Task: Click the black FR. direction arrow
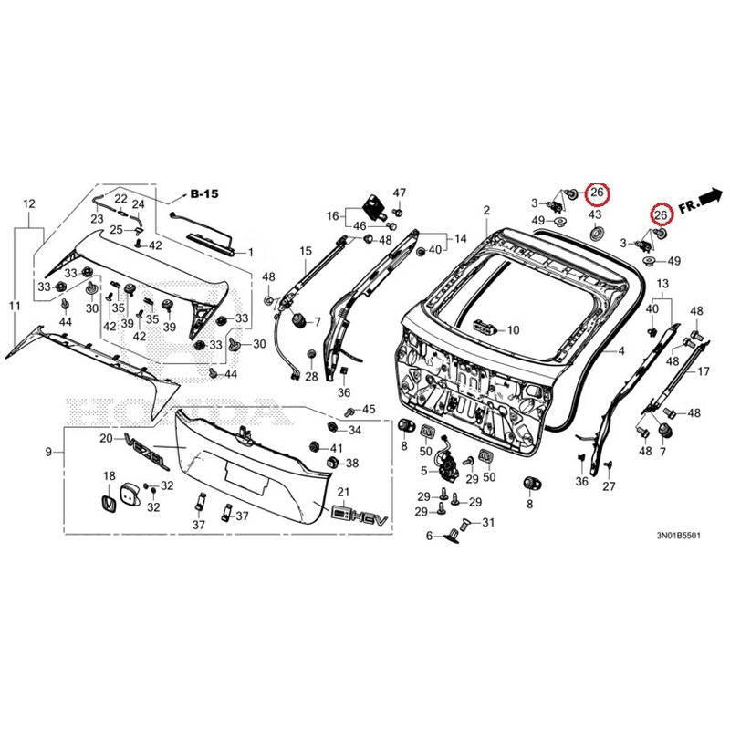(x=710, y=196)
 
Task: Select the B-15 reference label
(x=204, y=193)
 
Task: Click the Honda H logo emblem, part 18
(x=109, y=505)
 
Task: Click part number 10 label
(x=513, y=330)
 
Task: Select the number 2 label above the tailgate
(x=486, y=211)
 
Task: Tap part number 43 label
(x=595, y=214)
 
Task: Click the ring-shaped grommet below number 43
(x=596, y=234)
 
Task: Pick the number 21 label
(x=343, y=492)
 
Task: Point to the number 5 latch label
(x=423, y=471)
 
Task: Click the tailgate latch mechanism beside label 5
(x=447, y=463)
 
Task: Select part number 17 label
(x=703, y=371)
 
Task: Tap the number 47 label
(x=400, y=193)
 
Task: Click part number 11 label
(x=15, y=306)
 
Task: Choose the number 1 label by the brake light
(x=250, y=253)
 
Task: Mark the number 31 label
(x=488, y=523)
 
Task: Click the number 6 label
(x=429, y=537)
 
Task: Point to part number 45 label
(x=369, y=409)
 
